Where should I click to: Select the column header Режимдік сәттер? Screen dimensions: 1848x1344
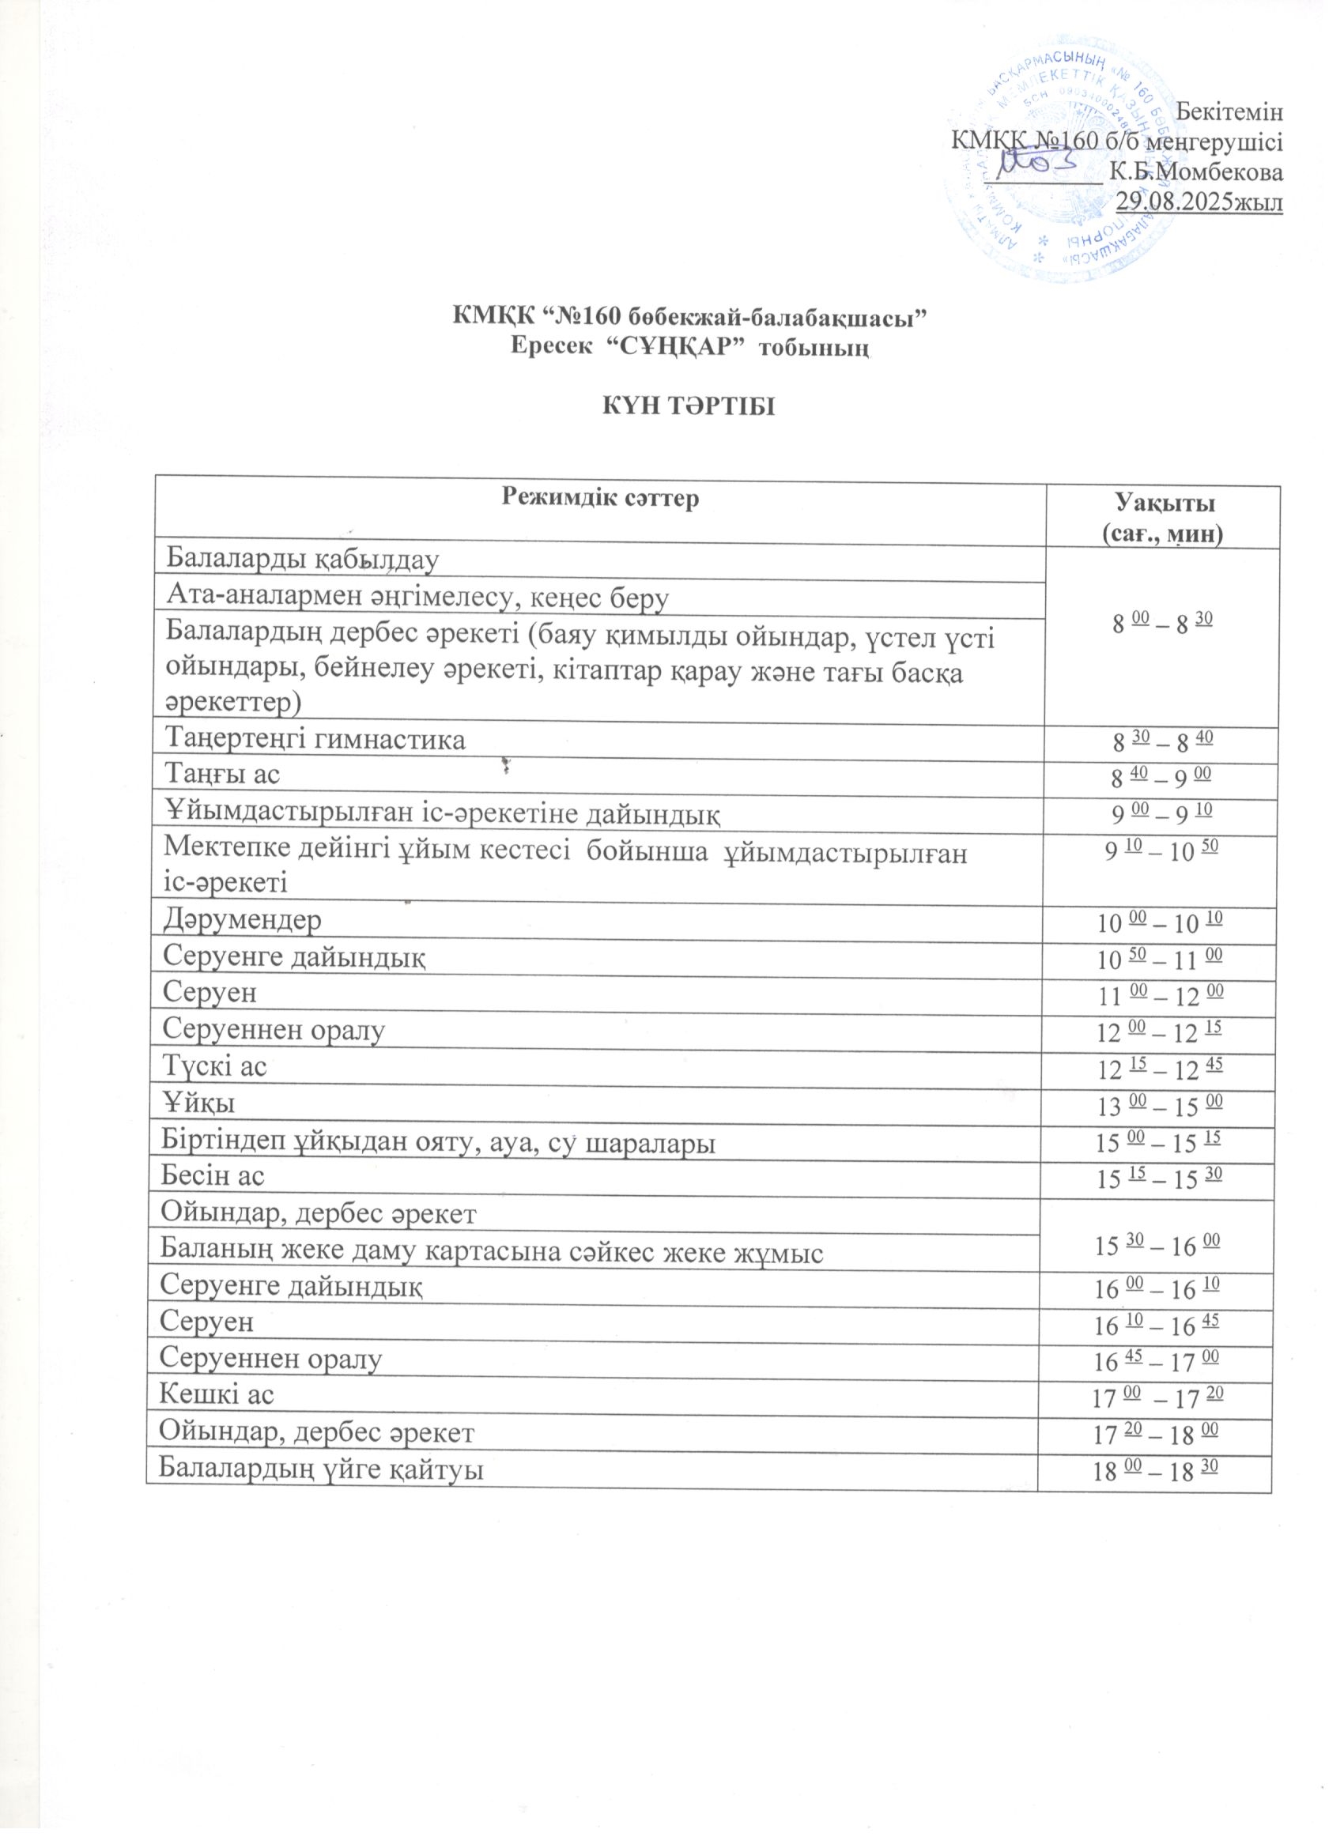coord(601,499)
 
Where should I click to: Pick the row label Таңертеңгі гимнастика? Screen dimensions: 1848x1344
coord(316,740)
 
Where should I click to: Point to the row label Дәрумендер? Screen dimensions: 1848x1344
coord(242,920)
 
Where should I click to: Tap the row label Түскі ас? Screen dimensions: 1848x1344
coord(215,1066)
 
